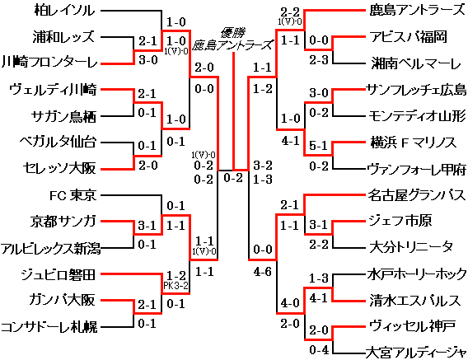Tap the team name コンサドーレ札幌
[49, 327]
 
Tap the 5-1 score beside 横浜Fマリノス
[318, 144]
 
